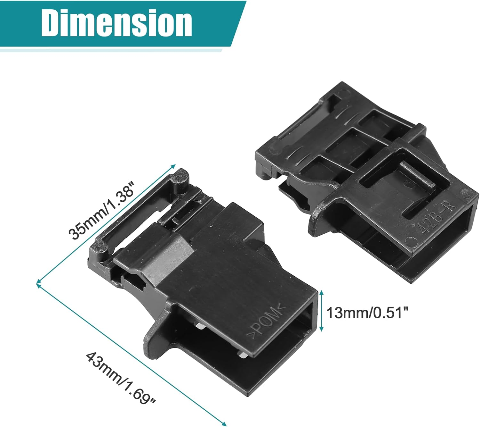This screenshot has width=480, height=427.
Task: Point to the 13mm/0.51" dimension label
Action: [368, 312]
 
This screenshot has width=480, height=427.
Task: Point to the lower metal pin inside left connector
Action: [242, 354]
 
